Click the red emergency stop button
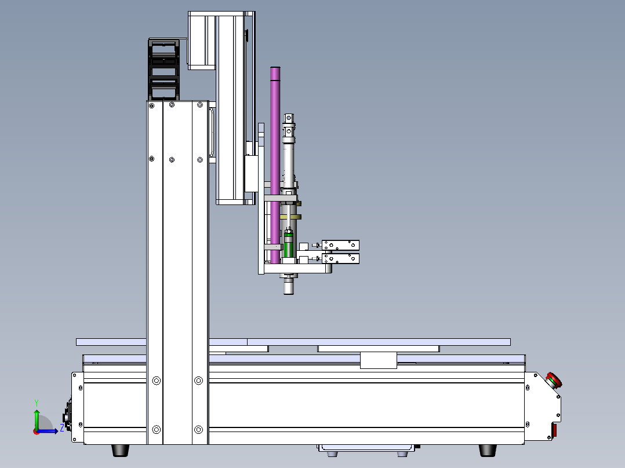pos(554,380)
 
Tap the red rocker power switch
pos(554,430)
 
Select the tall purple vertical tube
pos(275,165)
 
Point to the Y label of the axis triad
pos(37,403)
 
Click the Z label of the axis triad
pos(62,428)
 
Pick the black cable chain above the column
pos(163,70)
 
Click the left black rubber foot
pos(121,451)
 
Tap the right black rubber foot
pos(487,451)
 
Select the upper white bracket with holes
pos(340,245)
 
